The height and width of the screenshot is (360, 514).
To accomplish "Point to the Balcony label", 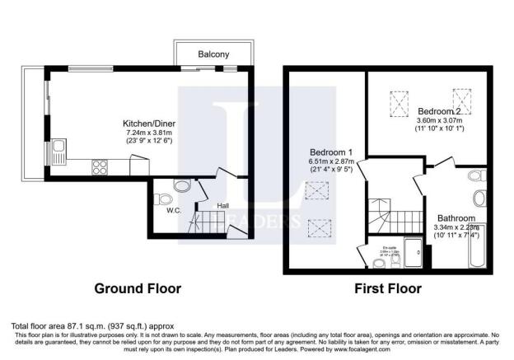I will pos(213,54).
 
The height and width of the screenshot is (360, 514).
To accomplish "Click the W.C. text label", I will pos(175,210).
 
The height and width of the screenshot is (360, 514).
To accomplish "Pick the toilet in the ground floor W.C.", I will pos(163,199).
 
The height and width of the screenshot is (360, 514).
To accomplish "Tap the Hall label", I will pos(222,205).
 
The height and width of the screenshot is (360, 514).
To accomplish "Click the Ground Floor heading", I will pos(138,289).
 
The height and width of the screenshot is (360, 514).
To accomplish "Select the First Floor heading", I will pos(387,289).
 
